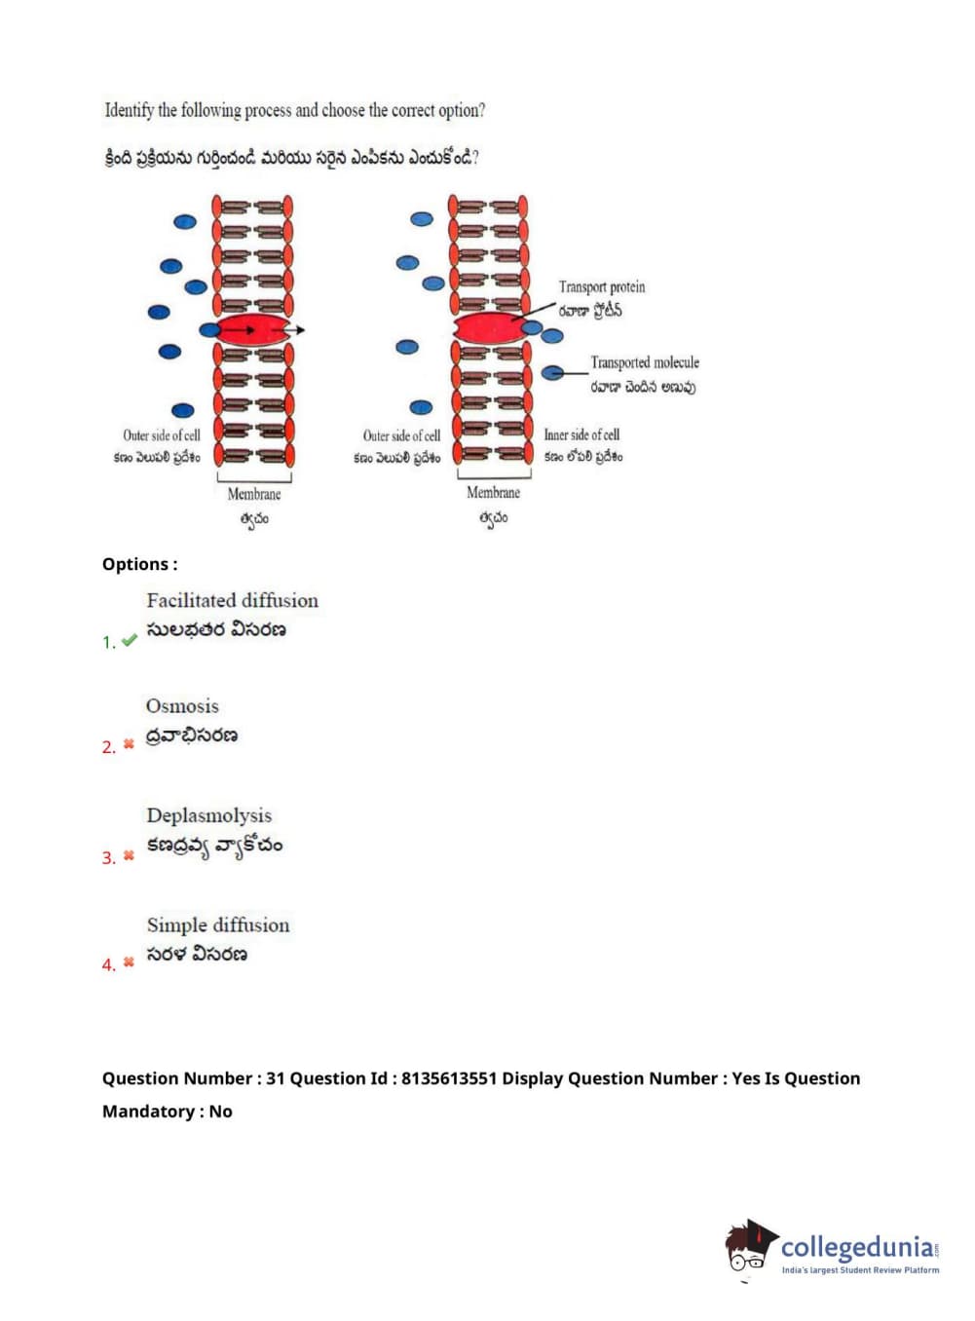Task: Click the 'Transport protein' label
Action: pyautogui.click(x=601, y=286)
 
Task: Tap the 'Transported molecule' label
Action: pyautogui.click(x=644, y=362)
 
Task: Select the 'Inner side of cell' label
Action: pyautogui.click(x=581, y=434)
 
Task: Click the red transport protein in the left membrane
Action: pyautogui.click(x=251, y=330)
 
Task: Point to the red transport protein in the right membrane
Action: pyautogui.click(x=489, y=328)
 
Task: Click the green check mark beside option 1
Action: pyautogui.click(x=129, y=640)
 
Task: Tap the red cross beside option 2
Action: pyautogui.click(x=129, y=744)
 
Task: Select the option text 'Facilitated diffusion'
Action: pyautogui.click(x=232, y=600)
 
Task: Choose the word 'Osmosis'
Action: pyautogui.click(x=182, y=705)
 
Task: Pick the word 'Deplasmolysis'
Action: pyautogui.click(x=208, y=815)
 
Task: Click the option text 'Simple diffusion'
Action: pyautogui.click(x=218, y=925)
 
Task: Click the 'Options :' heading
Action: pyautogui.click(x=139, y=564)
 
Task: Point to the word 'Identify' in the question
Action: pyautogui.click(x=129, y=110)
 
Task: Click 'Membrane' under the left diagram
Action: pyautogui.click(x=253, y=494)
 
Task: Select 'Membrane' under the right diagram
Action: pyautogui.click(x=493, y=493)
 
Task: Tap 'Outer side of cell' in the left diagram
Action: pyautogui.click(x=162, y=435)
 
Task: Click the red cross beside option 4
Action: pyautogui.click(x=129, y=962)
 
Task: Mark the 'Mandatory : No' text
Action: pyautogui.click(x=167, y=1112)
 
